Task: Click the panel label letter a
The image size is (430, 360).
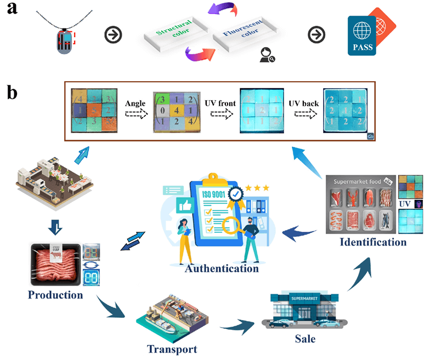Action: tap(11, 10)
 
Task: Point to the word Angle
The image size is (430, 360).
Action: tap(134, 104)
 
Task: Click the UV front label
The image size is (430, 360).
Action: tap(218, 104)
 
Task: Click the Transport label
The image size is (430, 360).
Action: tap(172, 348)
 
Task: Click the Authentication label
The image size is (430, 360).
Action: tap(221, 268)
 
